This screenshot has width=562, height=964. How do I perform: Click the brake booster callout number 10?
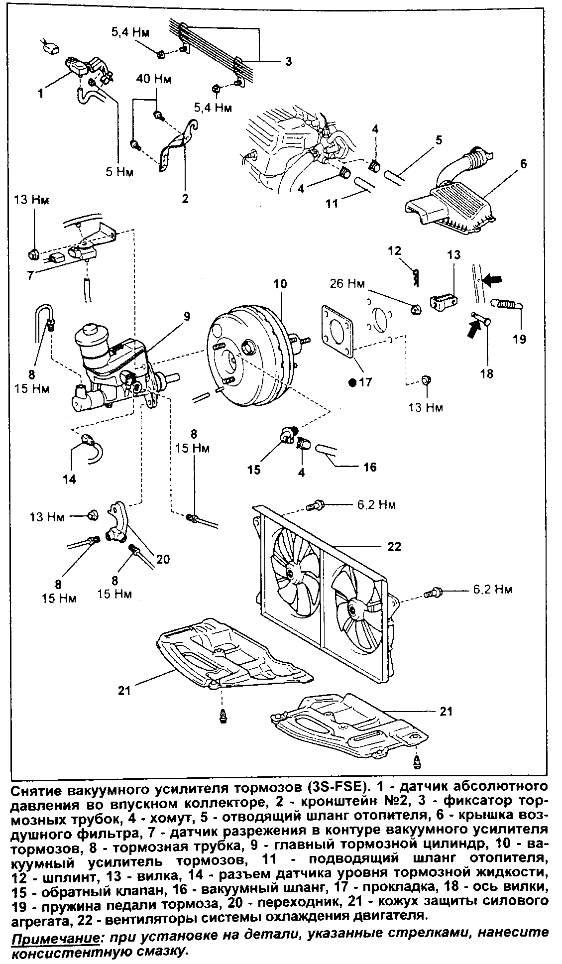[280, 284]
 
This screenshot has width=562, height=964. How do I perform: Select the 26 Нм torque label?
[347, 284]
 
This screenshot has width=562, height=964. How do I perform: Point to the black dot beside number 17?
[352, 383]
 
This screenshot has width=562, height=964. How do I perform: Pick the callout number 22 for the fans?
[394, 546]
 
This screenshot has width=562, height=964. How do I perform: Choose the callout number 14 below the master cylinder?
[70, 480]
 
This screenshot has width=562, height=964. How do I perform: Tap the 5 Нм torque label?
[119, 172]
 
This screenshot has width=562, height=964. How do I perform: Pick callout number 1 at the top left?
[41, 93]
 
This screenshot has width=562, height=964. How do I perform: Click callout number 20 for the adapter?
[163, 559]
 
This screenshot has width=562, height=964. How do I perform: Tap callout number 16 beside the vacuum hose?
[370, 467]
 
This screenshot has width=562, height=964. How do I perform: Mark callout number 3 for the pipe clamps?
[288, 62]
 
